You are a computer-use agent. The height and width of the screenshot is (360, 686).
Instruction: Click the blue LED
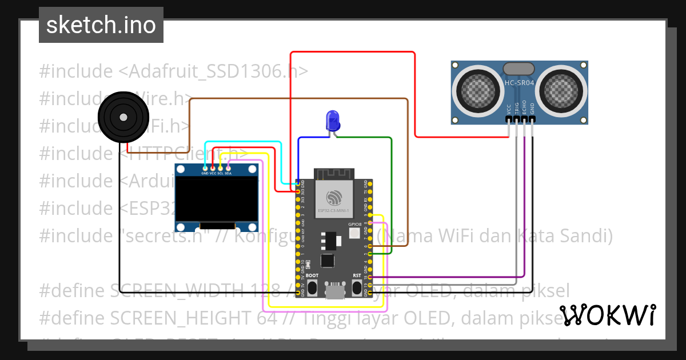[x=332, y=121]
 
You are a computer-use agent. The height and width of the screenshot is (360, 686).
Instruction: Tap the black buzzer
[x=123, y=117]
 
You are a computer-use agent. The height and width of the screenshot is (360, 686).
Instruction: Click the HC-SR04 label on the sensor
[x=519, y=83]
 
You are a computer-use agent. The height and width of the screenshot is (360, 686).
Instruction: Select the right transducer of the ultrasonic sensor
[x=563, y=90]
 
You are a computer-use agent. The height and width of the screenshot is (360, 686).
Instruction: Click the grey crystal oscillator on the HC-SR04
[x=519, y=68]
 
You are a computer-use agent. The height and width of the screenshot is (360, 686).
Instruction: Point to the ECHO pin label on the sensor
[x=525, y=109]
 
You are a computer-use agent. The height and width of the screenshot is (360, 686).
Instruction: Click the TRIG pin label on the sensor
[x=517, y=109]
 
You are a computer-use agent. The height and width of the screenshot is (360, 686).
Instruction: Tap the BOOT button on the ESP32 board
[x=312, y=288]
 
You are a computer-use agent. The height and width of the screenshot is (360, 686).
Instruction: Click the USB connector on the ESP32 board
[x=334, y=291]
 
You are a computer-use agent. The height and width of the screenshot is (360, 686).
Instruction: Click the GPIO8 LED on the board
[x=354, y=233]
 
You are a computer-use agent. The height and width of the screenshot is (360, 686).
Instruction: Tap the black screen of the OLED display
[x=217, y=198]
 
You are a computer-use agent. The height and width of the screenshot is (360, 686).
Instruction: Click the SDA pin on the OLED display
[x=228, y=167]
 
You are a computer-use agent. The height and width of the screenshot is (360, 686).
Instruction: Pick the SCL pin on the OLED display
[x=220, y=167]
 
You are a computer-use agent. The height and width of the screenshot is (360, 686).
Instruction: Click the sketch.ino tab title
[x=101, y=25]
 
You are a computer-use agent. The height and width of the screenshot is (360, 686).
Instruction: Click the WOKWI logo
[x=608, y=315]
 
